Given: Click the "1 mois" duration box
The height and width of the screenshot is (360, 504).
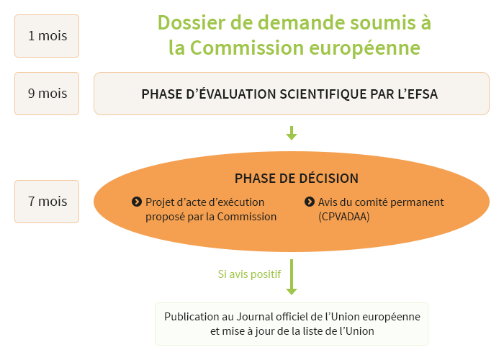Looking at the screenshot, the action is pyautogui.click(x=47, y=36).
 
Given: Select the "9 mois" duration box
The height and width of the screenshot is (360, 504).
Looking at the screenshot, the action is pyautogui.click(x=47, y=94).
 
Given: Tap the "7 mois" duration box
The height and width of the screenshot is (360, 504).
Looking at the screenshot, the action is pyautogui.click(x=47, y=202).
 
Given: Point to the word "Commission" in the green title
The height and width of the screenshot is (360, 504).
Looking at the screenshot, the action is pyautogui.click(x=247, y=48).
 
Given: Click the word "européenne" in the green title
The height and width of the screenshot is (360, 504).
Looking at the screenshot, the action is pyautogui.click(x=364, y=49).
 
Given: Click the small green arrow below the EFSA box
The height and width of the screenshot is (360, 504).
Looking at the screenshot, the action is pyautogui.click(x=292, y=133).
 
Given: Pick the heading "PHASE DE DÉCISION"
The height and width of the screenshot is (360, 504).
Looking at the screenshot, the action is pyautogui.click(x=297, y=179).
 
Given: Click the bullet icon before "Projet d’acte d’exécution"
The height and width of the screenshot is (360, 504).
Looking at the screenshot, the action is pyautogui.click(x=137, y=202).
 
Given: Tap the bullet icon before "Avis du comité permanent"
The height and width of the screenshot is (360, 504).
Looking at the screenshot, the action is pyautogui.click(x=309, y=202).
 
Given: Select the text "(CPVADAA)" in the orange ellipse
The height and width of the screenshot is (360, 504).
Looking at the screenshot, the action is pyautogui.click(x=344, y=217).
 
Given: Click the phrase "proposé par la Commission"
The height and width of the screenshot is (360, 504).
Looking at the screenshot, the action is pyautogui.click(x=211, y=217).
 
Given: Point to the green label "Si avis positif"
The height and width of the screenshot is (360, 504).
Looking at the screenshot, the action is pyautogui.click(x=249, y=274).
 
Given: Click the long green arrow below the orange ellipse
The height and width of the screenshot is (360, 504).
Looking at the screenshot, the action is pyautogui.click(x=292, y=277).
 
